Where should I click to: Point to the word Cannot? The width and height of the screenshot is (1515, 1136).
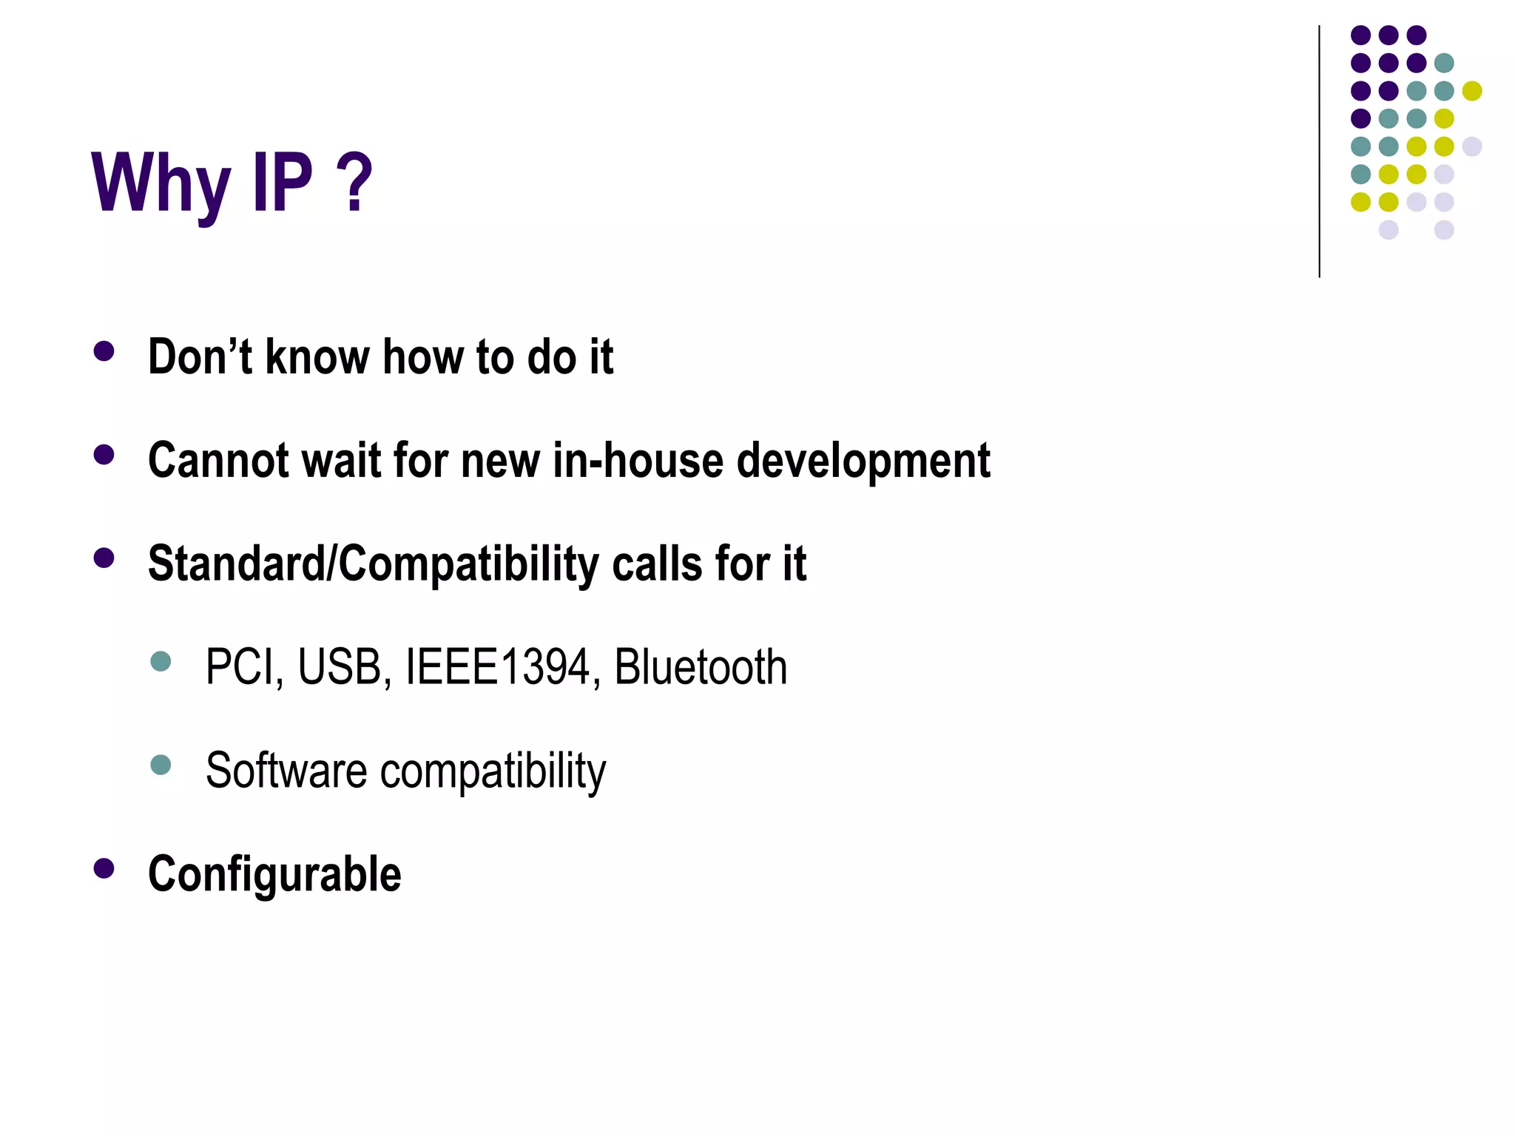click(x=219, y=461)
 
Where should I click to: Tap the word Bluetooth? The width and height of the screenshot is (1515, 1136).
click(x=701, y=668)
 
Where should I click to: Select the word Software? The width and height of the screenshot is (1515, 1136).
click(x=286, y=771)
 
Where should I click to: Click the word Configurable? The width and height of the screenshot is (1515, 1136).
click(x=274, y=874)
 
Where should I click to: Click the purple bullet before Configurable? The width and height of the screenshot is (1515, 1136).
click(x=104, y=868)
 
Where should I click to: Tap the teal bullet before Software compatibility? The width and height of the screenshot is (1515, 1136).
click(x=161, y=764)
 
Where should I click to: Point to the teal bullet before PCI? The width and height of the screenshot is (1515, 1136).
click(x=161, y=660)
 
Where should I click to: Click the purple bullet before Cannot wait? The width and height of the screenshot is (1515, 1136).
click(x=104, y=454)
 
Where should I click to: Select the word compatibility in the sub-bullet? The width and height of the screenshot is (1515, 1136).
click(x=493, y=772)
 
